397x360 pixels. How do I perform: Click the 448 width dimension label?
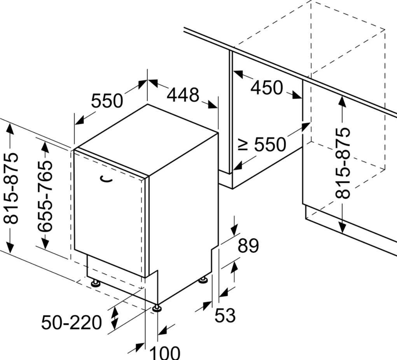(x=183, y=95)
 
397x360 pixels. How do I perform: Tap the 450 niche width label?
(x=266, y=88)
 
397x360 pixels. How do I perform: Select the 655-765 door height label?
(x=45, y=196)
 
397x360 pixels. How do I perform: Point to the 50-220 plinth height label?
(x=72, y=323)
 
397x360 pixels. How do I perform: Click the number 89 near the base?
(x=248, y=245)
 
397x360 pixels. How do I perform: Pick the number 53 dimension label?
(x=225, y=315)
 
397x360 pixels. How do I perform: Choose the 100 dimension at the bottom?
(x=165, y=352)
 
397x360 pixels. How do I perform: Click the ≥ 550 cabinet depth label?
(x=262, y=145)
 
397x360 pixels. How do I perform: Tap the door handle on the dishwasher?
(x=106, y=179)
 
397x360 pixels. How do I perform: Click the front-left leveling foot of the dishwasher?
(x=95, y=282)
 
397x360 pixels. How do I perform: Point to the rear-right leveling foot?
(x=203, y=279)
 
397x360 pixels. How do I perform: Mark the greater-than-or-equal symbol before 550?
(x=243, y=145)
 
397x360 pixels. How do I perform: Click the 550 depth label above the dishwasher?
(x=107, y=100)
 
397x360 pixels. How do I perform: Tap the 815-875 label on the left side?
(x=11, y=188)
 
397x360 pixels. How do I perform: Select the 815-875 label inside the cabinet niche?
(x=343, y=163)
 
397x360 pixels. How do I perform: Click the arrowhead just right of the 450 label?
(x=296, y=95)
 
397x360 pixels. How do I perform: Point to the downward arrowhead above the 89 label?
(x=234, y=230)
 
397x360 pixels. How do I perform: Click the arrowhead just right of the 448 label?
(x=213, y=104)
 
